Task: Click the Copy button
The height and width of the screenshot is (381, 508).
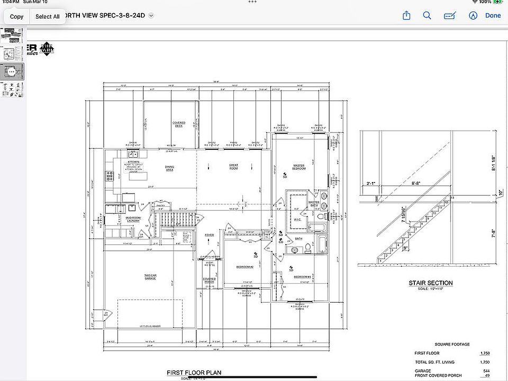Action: point(16,16)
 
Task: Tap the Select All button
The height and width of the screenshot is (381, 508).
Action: point(47,16)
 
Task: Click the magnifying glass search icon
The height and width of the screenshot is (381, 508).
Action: point(427,16)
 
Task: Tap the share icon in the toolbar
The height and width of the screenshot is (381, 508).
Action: point(406,16)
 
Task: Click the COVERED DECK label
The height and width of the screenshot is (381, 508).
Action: point(179,124)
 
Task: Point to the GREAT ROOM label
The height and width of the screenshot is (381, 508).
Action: point(233,167)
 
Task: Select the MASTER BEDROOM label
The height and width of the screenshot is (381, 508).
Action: point(299,167)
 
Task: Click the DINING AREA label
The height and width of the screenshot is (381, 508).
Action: point(169,169)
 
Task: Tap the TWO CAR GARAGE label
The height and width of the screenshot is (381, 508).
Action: point(150,277)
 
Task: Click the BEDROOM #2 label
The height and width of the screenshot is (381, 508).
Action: point(245,267)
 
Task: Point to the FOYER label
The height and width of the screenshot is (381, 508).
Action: point(210,235)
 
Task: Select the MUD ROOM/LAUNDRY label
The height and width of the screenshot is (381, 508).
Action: point(133,219)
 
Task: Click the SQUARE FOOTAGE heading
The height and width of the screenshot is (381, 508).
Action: point(452,344)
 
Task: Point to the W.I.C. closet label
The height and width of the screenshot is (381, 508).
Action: point(297,219)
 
